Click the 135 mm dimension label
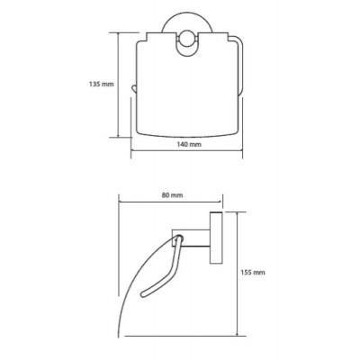coord(102,84)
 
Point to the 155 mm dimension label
coord(253,273)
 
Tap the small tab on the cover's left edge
coord(133,89)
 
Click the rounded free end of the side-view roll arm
coord(144,293)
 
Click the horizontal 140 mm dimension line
coord(186,150)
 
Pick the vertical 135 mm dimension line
coord(119,85)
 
